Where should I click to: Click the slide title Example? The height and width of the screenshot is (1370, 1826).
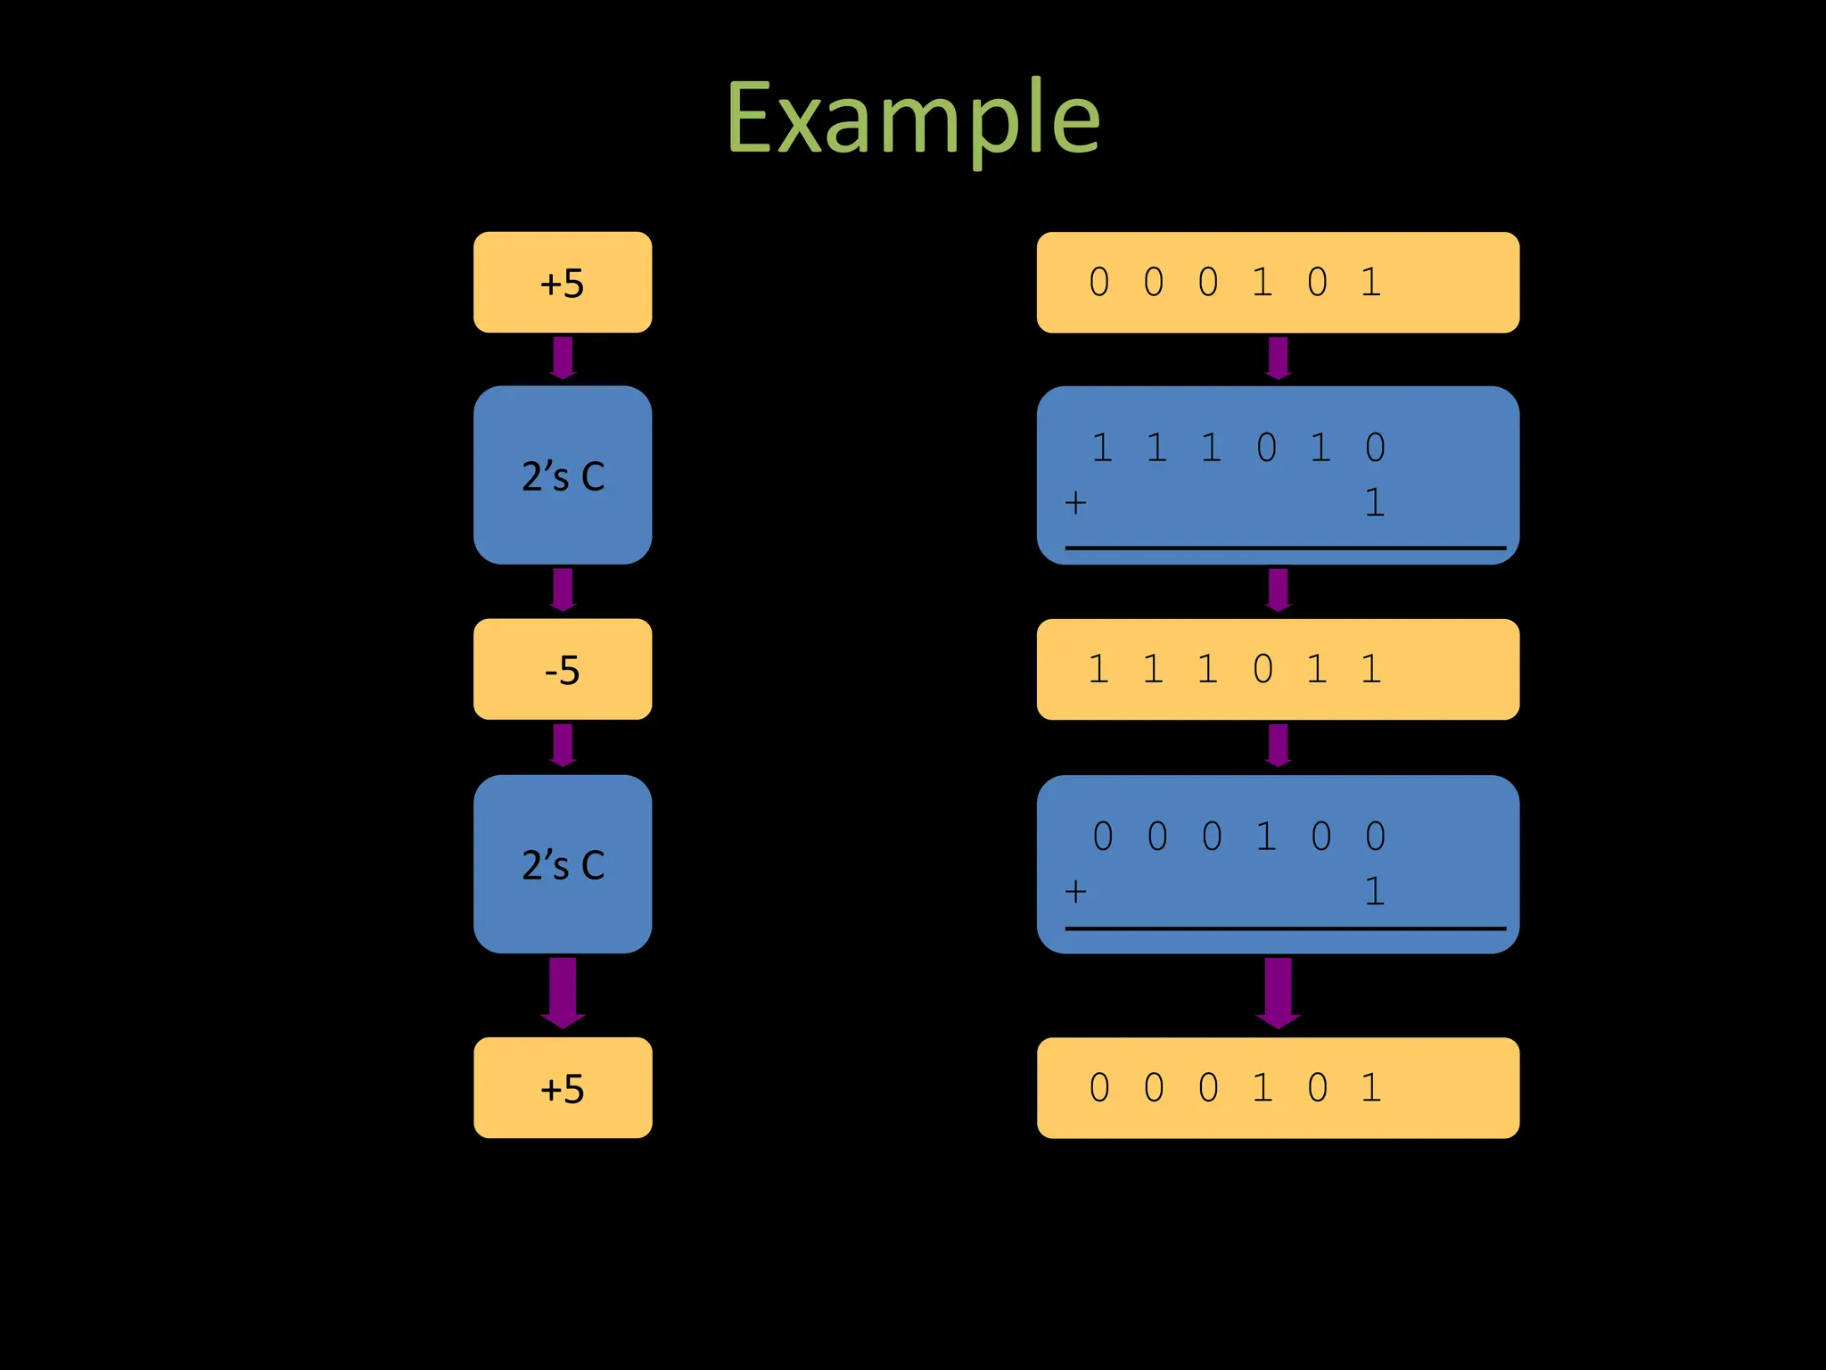pos(913,118)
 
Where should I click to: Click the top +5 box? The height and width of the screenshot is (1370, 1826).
pos(563,283)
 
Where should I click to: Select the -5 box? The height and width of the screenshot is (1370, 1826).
pos(563,669)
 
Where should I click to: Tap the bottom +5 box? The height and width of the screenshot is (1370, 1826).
pos(563,1088)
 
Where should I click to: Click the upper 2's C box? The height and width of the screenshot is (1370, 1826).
pos(563,475)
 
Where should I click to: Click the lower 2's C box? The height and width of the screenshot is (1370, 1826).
pos(563,864)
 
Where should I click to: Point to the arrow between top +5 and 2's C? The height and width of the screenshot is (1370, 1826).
pos(563,358)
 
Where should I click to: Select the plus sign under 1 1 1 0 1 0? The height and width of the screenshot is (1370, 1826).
pos(1076,503)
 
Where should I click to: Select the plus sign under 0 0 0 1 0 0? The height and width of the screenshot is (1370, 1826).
pos(1076,892)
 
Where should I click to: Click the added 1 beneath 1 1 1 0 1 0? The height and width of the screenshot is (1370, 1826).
pos(1375,503)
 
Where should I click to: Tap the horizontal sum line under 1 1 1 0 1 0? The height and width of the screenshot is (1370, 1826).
pos(1284,548)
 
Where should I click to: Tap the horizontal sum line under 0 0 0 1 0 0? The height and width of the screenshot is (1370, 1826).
pos(1284,928)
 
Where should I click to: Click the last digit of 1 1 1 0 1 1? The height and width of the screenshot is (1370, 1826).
pos(1371,669)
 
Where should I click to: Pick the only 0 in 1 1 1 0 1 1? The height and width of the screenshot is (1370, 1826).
pos(1263,669)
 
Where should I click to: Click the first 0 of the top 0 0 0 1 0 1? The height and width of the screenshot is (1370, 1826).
pos(1099,283)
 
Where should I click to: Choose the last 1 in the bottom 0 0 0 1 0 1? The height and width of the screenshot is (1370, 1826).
pos(1371,1088)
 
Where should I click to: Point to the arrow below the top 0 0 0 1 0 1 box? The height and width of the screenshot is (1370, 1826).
pos(1279,358)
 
